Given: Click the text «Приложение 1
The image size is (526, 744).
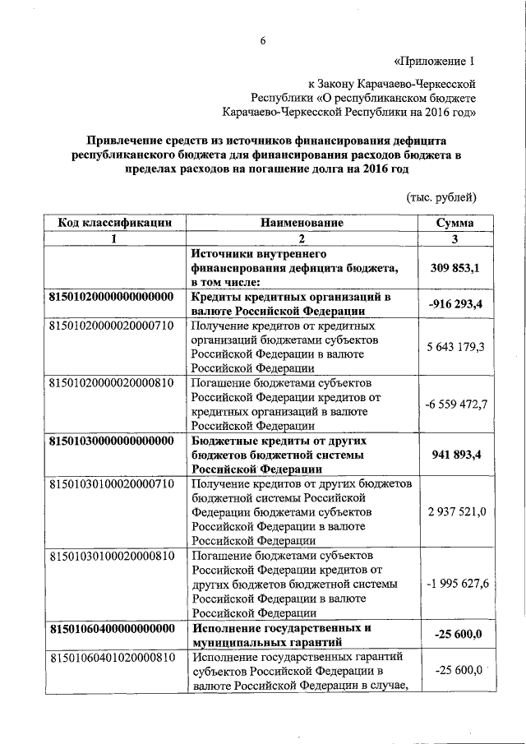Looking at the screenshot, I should coord(434,62).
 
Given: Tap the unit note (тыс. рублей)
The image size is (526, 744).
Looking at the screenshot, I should coord(441,197).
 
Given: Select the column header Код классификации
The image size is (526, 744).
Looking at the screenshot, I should coord(114,223).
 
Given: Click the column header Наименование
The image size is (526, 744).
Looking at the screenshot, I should coord(302,223).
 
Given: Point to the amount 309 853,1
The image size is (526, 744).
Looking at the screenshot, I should coord(455,269).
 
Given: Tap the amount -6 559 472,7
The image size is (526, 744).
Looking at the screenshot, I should coord(455,404).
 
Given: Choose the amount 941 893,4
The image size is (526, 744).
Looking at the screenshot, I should coord(455,455).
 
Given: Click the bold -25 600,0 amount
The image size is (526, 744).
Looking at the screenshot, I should coord(455,635).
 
